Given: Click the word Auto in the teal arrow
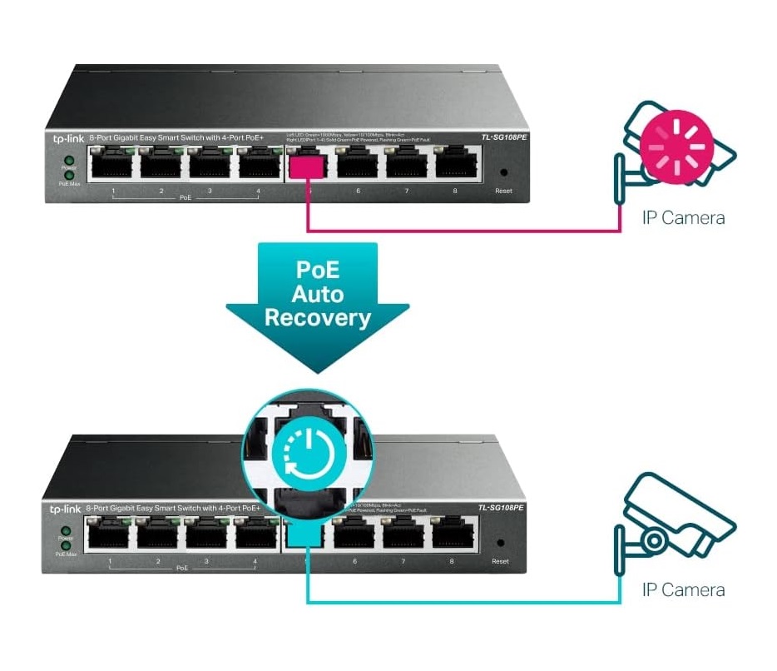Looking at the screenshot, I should coord(318,293).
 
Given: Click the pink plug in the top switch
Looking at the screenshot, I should coord(307,165).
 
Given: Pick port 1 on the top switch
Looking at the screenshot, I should coord(113,163).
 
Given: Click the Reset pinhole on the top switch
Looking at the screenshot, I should coord(502,173).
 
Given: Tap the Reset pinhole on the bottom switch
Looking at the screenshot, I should coord(500,542).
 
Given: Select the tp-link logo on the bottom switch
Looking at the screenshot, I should coord(64,509).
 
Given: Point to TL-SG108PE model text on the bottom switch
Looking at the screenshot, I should coord(498,507).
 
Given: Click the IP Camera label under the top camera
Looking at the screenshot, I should coord(683,218).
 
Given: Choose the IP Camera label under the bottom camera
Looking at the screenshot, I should coord(683,590).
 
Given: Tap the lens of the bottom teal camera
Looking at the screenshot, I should coord(655,541).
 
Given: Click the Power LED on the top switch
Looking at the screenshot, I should coord(69,160).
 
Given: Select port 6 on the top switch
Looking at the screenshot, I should coord(358,163).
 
